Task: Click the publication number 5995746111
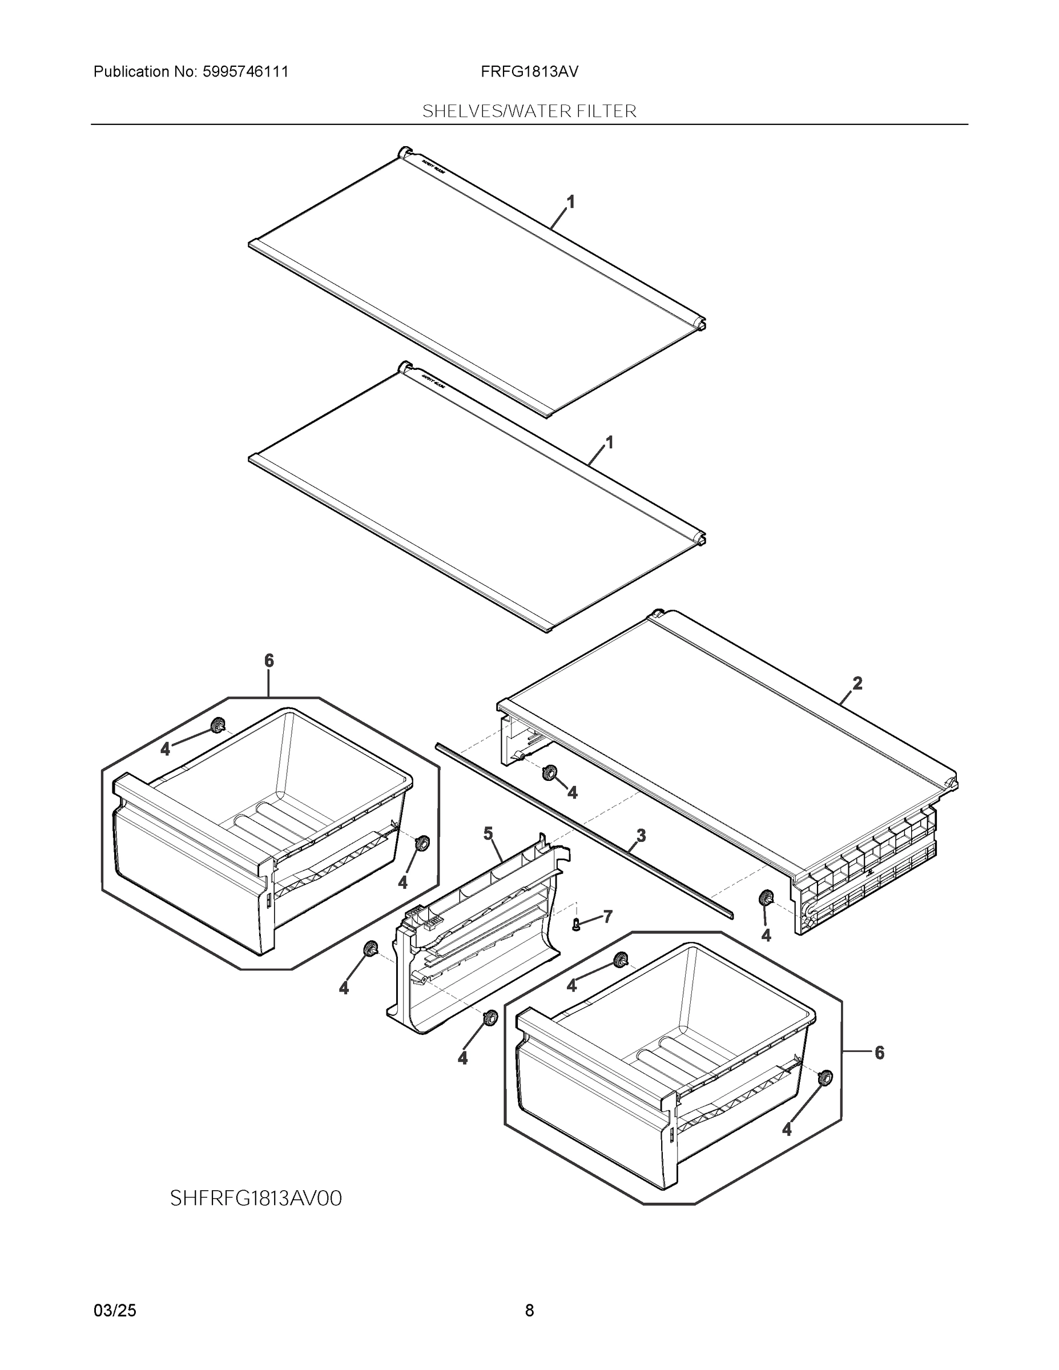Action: point(245,71)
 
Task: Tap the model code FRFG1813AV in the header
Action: point(529,71)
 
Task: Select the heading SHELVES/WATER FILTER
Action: point(529,111)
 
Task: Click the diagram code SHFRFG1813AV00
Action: point(256,1198)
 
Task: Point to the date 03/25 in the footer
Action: point(115,1311)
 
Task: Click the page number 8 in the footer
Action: point(529,1311)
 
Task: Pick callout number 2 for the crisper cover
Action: point(857,683)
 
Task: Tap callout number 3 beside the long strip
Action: point(641,836)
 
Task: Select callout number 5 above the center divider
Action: point(488,833)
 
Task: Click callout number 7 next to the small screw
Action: point(607,916)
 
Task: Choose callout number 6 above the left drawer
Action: point(268,660)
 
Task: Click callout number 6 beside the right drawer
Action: point(879,1053)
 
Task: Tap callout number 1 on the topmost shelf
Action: point(570,202)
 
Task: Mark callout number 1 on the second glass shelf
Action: point(608,443)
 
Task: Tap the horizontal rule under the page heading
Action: point(529,124)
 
